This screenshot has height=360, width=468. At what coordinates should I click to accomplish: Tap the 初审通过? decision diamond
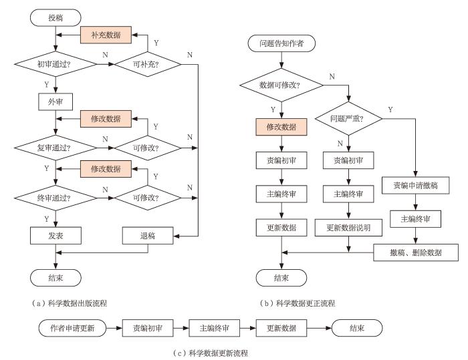point(55,66)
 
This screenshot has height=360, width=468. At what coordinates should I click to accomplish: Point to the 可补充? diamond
point(147,66)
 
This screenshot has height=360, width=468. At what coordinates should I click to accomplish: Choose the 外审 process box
point(55,101)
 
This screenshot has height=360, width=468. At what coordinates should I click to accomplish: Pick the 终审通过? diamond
point(55,198)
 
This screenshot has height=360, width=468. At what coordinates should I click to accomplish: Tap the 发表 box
point(55,235)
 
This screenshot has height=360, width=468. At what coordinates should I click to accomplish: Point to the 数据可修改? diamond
point(281,85)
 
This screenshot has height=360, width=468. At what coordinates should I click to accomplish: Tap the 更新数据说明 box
point(348,228)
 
